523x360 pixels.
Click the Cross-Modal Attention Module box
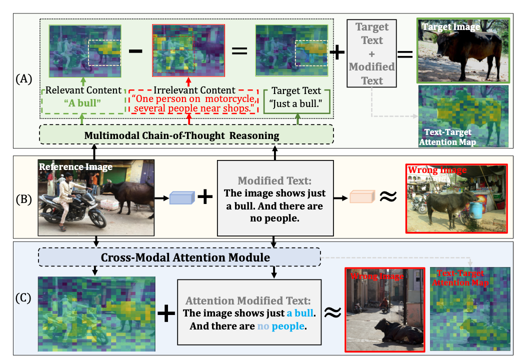coord(179,258)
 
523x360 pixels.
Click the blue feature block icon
coord(181,198)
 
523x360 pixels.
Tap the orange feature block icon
coord(361,198)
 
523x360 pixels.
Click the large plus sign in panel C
coord(166,313)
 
